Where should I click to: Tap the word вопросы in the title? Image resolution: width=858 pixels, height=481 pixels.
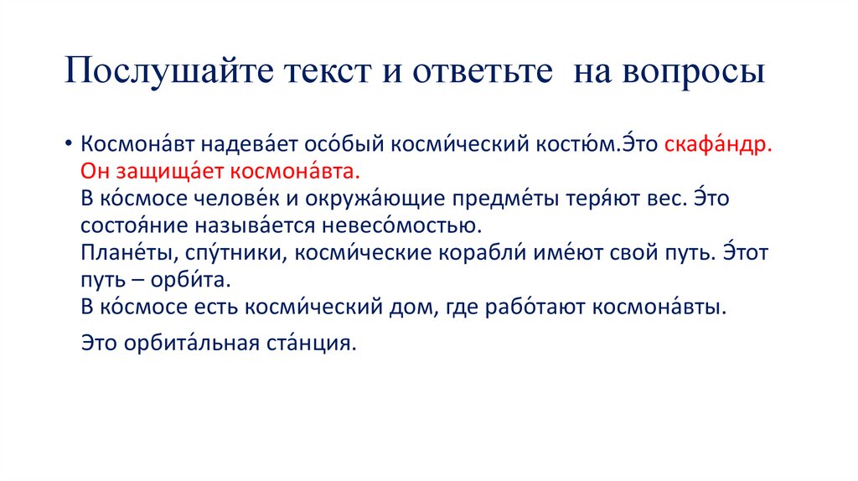[x=692, y=72]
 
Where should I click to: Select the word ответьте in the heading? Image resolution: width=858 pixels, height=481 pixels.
[x=483, y=72]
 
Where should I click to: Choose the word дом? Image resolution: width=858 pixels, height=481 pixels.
[x=407, y=308]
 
